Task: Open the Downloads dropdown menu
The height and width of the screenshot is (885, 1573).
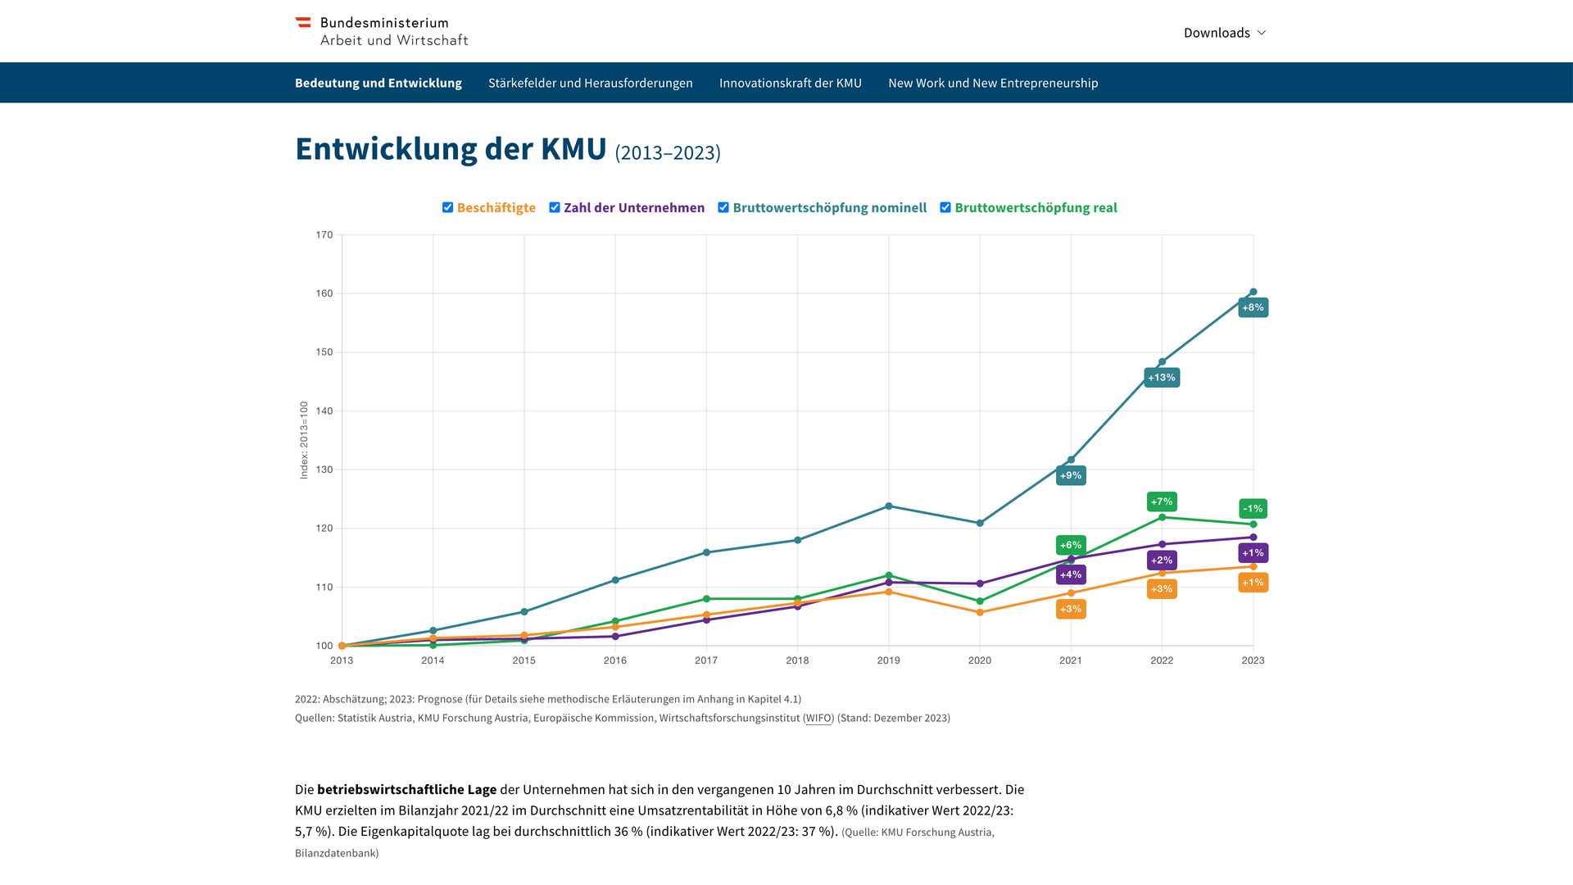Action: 1224,33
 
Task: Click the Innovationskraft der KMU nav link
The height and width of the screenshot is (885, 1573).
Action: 790,83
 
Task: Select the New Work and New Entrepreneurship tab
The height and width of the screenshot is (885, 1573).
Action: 992,83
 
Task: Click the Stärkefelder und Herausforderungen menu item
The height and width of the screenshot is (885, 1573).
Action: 590,83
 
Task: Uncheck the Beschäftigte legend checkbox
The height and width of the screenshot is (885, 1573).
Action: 447,207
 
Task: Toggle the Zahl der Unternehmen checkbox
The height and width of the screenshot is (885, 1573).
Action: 555,207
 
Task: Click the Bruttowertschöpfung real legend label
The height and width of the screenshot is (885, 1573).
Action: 1036,208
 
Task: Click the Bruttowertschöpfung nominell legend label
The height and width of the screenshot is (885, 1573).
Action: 829,208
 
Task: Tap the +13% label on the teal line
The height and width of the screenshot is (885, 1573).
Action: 1161,378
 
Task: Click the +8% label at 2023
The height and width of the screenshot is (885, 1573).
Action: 1253,308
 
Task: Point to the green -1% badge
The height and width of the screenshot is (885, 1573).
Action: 1253,509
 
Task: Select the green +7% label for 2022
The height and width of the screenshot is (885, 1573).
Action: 1161,501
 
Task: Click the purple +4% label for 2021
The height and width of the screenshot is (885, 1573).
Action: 1070,574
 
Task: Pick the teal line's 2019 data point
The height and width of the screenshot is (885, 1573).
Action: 889,506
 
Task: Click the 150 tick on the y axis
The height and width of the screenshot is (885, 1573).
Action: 324,352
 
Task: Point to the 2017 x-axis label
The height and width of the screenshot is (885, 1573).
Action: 706,660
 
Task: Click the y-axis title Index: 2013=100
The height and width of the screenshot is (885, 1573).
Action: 304,440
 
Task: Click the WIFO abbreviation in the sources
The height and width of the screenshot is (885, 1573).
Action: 818,718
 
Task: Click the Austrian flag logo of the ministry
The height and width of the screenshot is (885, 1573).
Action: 303,23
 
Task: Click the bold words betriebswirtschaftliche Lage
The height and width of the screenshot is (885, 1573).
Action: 406,790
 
